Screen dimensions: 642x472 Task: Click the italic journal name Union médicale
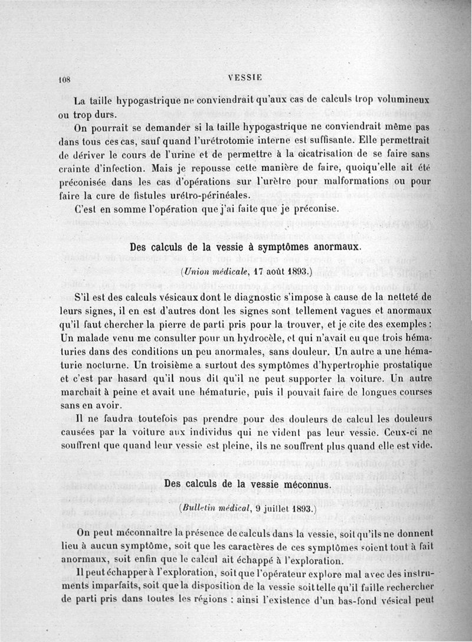211,271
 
